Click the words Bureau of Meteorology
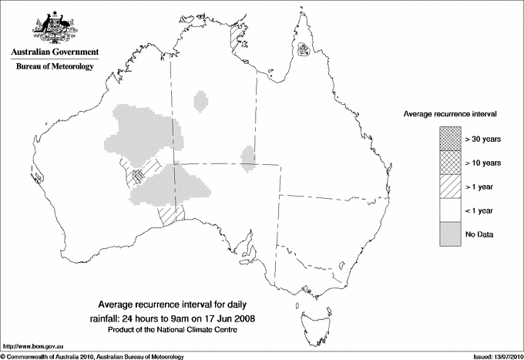click(x=55, y=67)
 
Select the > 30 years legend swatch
click(x=450, y=139)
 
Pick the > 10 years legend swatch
click(x=450, y=163)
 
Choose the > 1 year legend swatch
click(x=450, y=187)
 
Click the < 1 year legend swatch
click(x=450, y=210)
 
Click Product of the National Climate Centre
click(x=173, y=329)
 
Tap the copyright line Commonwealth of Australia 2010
click(x=92, y=356)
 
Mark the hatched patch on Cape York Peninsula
click(x=305, y=52)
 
